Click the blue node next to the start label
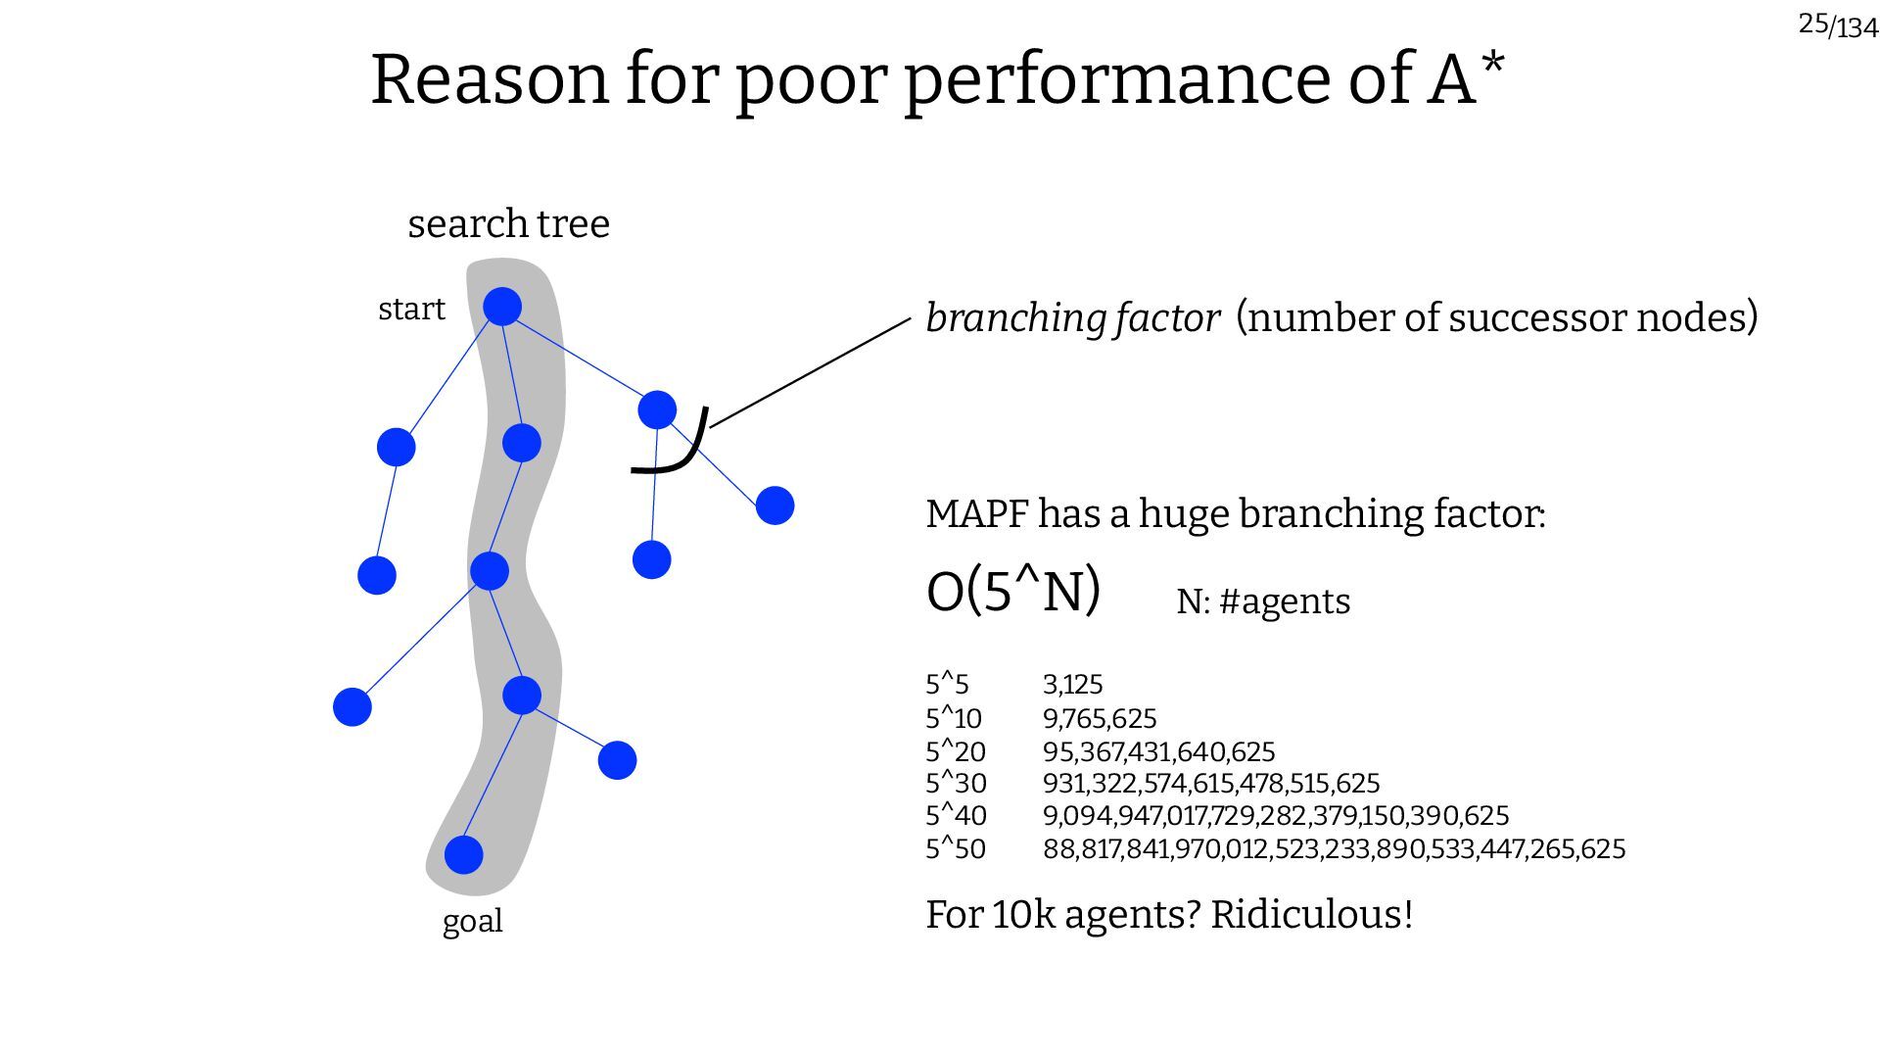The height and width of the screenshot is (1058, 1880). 502,307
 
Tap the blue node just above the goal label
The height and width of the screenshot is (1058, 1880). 464,854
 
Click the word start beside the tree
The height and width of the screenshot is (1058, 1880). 411,310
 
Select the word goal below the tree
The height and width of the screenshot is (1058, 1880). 472,922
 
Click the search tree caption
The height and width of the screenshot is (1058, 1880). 508,224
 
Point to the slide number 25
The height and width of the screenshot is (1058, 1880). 1812,24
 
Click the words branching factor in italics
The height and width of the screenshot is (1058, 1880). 1072,318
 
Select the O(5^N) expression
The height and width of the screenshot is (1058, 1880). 1013,592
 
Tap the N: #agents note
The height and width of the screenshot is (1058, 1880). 1263,601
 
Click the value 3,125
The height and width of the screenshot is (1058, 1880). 1072,685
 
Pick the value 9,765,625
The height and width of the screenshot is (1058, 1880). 1100,719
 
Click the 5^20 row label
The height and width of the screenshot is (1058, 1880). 956,752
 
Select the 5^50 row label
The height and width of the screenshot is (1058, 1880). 956,849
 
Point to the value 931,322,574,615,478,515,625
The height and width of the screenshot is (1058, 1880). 1210,784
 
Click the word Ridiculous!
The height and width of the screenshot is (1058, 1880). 1312,915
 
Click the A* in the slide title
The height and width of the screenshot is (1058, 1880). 1465,78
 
